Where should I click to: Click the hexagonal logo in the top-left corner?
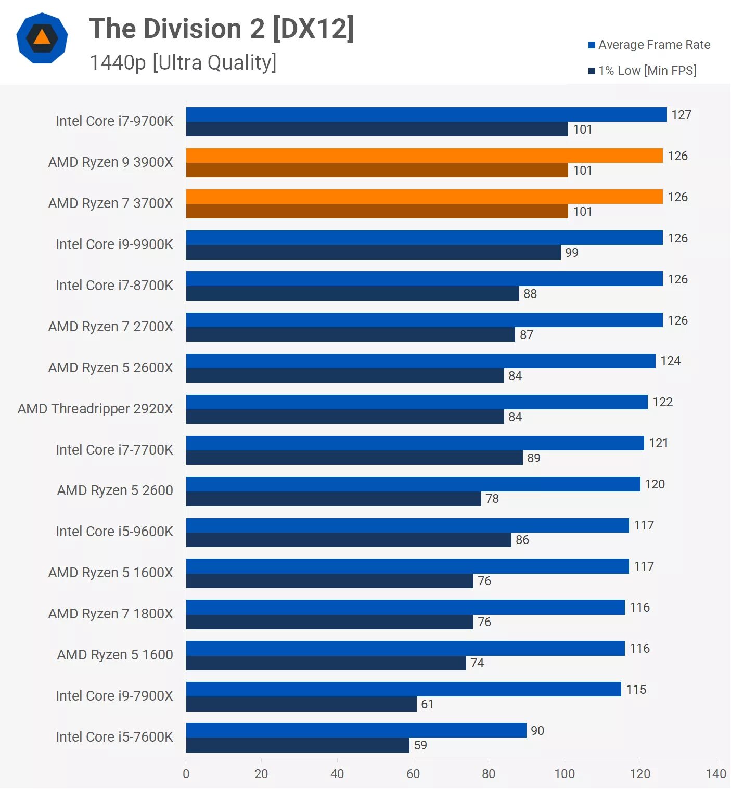[x=42, y=38]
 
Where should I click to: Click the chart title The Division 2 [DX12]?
[x=221, y=29]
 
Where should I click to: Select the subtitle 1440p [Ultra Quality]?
[x=183, y=62]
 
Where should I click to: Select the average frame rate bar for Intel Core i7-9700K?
[x=426, y=114]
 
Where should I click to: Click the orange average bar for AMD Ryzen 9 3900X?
[x=424, y=156]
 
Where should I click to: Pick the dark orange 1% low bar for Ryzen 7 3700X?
[x=377, y=211]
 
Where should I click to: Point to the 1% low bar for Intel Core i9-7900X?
[x=301, y=704]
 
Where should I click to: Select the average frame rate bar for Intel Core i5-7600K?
[x=356, y=730]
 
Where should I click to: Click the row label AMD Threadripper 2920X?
[x=95, y=409]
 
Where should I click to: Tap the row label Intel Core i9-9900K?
[x=114, y=244]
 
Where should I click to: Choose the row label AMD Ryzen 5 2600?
[x=115, y=490]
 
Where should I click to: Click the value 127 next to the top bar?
[x=681, y=115]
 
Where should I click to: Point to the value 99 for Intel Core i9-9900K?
[x=571, y=253]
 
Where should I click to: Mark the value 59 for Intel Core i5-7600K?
[x=420, y=745]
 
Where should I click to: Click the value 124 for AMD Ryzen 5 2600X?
[x=670, y=361]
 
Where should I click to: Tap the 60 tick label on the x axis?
[x=413, y=774]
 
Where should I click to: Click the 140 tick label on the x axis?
[x=716, y=774]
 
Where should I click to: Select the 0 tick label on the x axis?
[x=186, y=774]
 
